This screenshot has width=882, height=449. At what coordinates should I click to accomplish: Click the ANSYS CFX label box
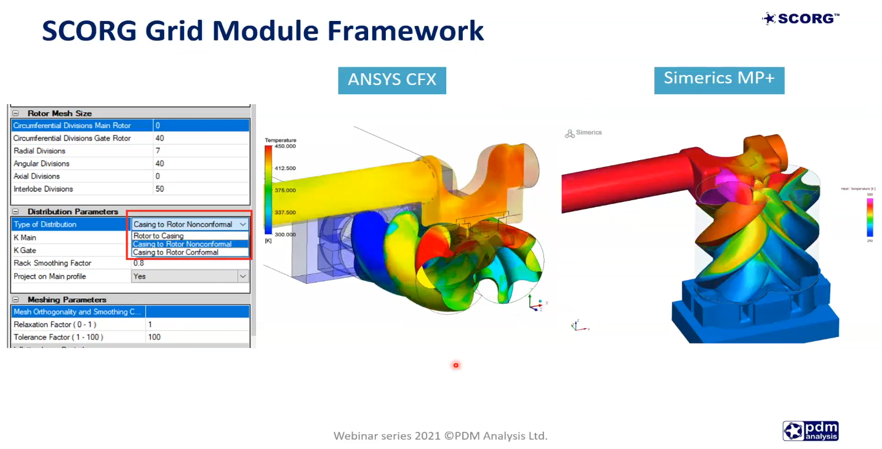[x=391, y=80]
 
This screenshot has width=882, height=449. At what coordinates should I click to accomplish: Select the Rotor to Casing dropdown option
[x=159, y=236]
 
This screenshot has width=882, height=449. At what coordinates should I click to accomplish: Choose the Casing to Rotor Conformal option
[x=176, y=252]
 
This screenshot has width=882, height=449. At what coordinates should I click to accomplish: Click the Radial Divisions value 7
[x=158, y=151]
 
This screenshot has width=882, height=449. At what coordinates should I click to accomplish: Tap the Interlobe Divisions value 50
[x=160, y=189]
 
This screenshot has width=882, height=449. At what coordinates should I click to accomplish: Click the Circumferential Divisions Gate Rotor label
[x=72, y=139]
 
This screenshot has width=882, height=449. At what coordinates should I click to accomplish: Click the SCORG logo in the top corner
[x=800, y=18]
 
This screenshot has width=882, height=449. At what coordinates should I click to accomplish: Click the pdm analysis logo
[x=811, y=431]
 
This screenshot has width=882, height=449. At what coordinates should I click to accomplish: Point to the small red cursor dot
[x=456, y=365]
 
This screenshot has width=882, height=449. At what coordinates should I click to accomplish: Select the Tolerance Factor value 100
[x=154, y=337]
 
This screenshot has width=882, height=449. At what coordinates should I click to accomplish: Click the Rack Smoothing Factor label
[x=52, y=263]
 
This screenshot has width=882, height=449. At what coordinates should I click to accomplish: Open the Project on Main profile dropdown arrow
[x=243, y=277]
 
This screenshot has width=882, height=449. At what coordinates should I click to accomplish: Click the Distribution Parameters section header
[x=73, y=211]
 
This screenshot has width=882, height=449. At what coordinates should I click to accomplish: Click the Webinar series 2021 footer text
[x=440, y=436]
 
